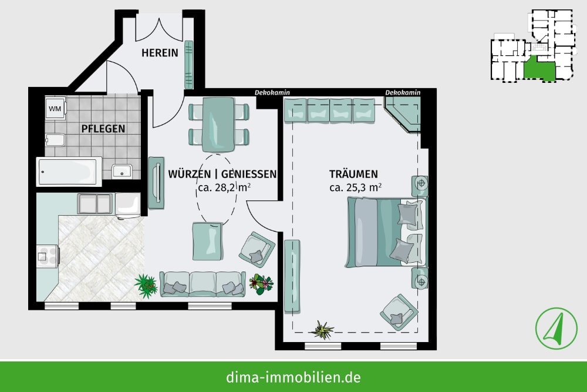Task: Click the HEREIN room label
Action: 160,53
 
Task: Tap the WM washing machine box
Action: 55,109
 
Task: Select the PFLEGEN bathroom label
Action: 103,129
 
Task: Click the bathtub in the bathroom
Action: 69,172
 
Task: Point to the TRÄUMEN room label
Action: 353,174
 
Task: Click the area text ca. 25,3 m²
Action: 355,187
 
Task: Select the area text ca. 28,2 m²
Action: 224,187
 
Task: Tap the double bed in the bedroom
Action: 386,232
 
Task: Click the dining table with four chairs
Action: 218,124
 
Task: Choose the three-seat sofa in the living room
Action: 203,284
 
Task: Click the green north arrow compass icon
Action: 556,329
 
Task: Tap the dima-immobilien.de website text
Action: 293,377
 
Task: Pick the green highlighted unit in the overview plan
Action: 538,69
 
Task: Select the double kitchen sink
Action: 95,204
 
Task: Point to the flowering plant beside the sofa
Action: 262,284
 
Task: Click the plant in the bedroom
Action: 322,330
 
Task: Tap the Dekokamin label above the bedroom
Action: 403,92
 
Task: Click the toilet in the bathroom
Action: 55,140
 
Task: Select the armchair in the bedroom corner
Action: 399,312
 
